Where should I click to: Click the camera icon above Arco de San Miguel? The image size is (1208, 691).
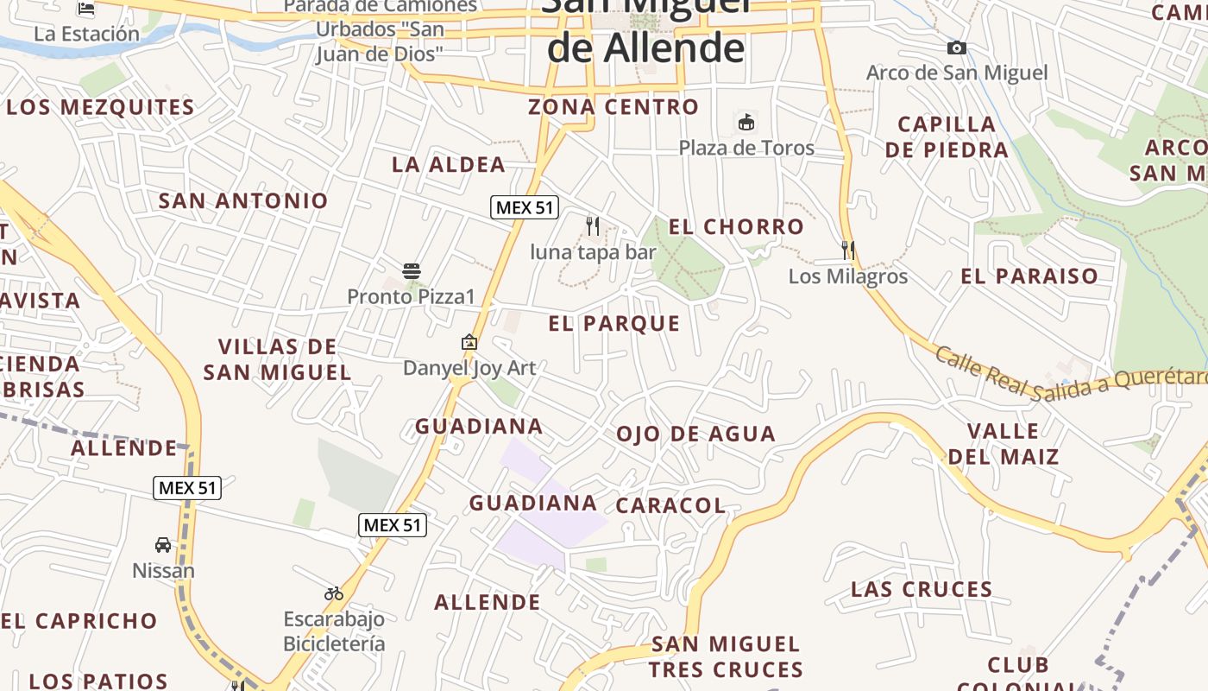[956, 48]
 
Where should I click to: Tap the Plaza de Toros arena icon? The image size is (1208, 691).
[746, 123]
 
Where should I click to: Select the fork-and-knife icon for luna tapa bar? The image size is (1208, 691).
[593, 226]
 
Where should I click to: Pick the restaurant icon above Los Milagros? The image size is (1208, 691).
[848, 250]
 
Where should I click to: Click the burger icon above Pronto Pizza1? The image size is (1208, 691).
[411, 270]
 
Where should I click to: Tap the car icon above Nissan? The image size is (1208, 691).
[163, 545]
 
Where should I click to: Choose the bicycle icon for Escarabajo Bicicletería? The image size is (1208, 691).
[334, 593]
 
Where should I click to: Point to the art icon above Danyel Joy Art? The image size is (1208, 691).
[469, 342]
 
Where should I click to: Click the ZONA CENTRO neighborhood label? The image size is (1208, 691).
[613, 107]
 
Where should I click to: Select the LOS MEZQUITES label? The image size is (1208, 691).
[101, 108]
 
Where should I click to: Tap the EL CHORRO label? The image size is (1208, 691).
[737, 227]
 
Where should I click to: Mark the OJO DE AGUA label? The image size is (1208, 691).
[696, 434]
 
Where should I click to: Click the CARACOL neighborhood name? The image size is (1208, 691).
[671, 505]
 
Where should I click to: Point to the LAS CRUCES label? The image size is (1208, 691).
[922, 590]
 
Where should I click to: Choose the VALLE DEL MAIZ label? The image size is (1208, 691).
[1004, 443]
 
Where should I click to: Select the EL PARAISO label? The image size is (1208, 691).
[1029, 276]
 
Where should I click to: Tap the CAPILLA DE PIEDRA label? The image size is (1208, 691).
[947, 136]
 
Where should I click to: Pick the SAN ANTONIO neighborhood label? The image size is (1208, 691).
[244, 201]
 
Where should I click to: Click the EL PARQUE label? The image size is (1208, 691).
[614, 324]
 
